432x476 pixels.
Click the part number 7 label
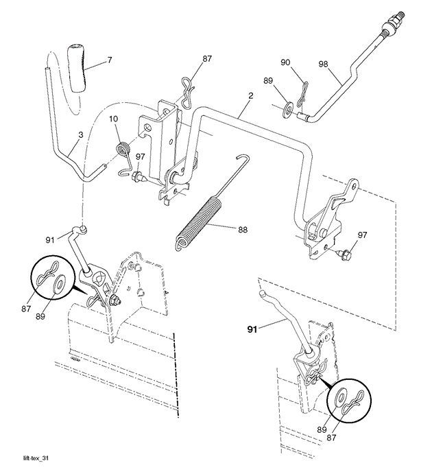pos(110,60)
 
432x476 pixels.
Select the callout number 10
pos(114,119)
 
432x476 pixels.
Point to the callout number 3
pos(80,135)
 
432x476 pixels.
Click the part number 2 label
pos(250,95)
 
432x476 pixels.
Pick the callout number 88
pos(243,230)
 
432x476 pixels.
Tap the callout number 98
pos(324,64)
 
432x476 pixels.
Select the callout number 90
pos(285,62)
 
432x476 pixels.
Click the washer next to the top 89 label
pos(287,110)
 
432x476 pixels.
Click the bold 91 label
pos(252,329)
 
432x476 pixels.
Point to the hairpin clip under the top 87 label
pos(188,92)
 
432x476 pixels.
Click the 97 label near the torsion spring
pos(141,156)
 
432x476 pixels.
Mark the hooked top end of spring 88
pos(242,158)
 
